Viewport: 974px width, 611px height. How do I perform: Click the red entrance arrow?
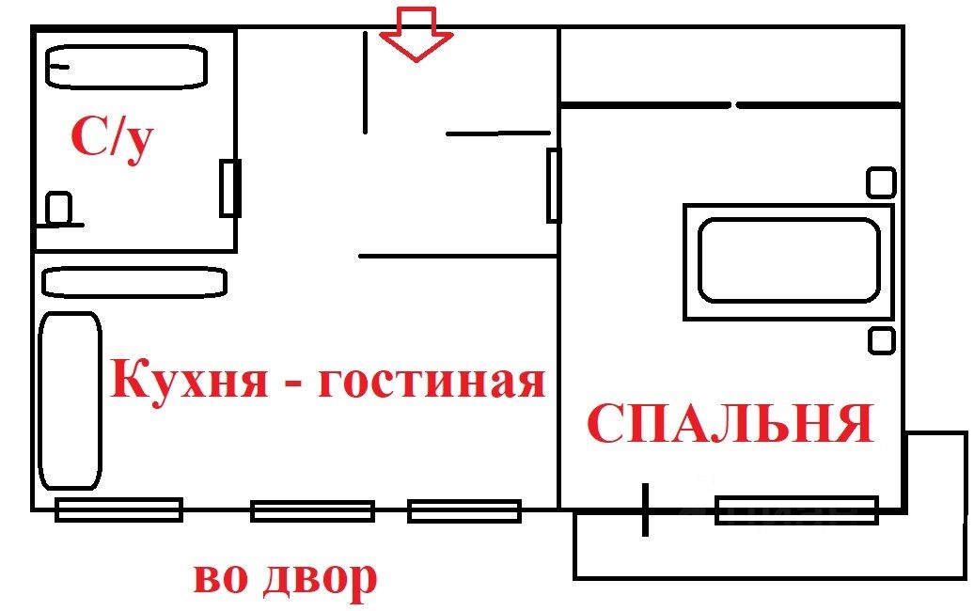point(416,34)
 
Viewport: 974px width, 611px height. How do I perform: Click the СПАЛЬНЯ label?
point(730,424)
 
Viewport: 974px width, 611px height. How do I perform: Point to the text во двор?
point(285,578)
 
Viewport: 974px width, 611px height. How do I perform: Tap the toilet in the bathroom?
point(59,208)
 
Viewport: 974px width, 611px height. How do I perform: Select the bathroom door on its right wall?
point(230,188)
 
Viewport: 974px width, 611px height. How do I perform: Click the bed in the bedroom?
point(788,261)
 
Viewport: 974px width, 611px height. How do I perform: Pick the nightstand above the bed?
point(881,182)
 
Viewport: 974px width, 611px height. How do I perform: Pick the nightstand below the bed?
point(882,339)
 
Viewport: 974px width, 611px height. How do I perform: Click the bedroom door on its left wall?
point(554,186)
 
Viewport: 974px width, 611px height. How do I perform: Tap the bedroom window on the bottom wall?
point(796,510)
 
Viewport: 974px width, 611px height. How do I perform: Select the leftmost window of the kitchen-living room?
point(118,509)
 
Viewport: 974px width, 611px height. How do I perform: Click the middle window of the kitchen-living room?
point(312,510)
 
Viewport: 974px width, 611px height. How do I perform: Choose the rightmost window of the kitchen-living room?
point(464,510)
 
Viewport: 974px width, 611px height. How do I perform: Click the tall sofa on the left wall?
point(70,400)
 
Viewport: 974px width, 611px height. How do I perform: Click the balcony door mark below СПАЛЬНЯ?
point(645,509)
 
